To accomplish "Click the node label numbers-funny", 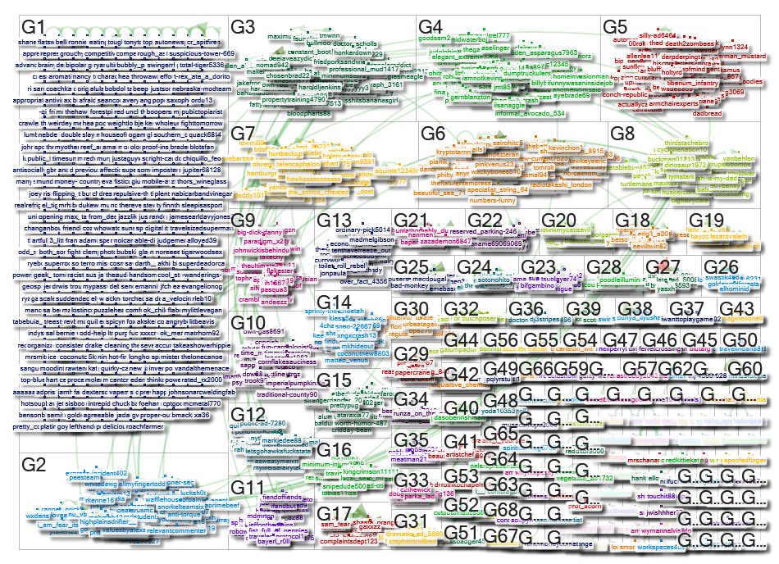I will click(494, 199).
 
